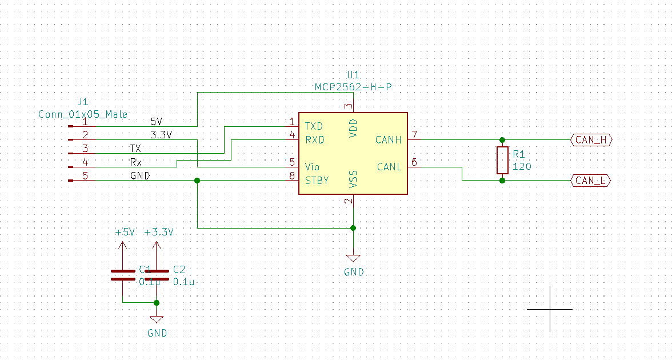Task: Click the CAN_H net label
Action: (591, 140)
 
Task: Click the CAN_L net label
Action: (591, 181)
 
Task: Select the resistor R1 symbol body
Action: (502, 160)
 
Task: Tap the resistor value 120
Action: (522, 166)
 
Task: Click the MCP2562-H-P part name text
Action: (354, 87)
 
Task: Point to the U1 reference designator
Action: (354, 75)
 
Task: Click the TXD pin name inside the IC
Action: (314, 126)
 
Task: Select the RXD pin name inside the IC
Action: (314, 140)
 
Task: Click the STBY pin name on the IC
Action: (317, 181)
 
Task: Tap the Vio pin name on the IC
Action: (312, 167)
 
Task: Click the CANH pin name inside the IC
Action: (389, 140)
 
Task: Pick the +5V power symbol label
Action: (125, 233)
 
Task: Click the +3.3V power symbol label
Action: (159, 233)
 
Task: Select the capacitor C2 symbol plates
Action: (157, 275)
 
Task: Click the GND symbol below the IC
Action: (354, 258)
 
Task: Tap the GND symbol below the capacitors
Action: (157, 320)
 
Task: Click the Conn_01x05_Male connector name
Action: (83, 114)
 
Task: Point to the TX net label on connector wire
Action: (135, 149)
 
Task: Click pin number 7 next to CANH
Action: (414, 135)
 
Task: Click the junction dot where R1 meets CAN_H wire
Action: (502, 140)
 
